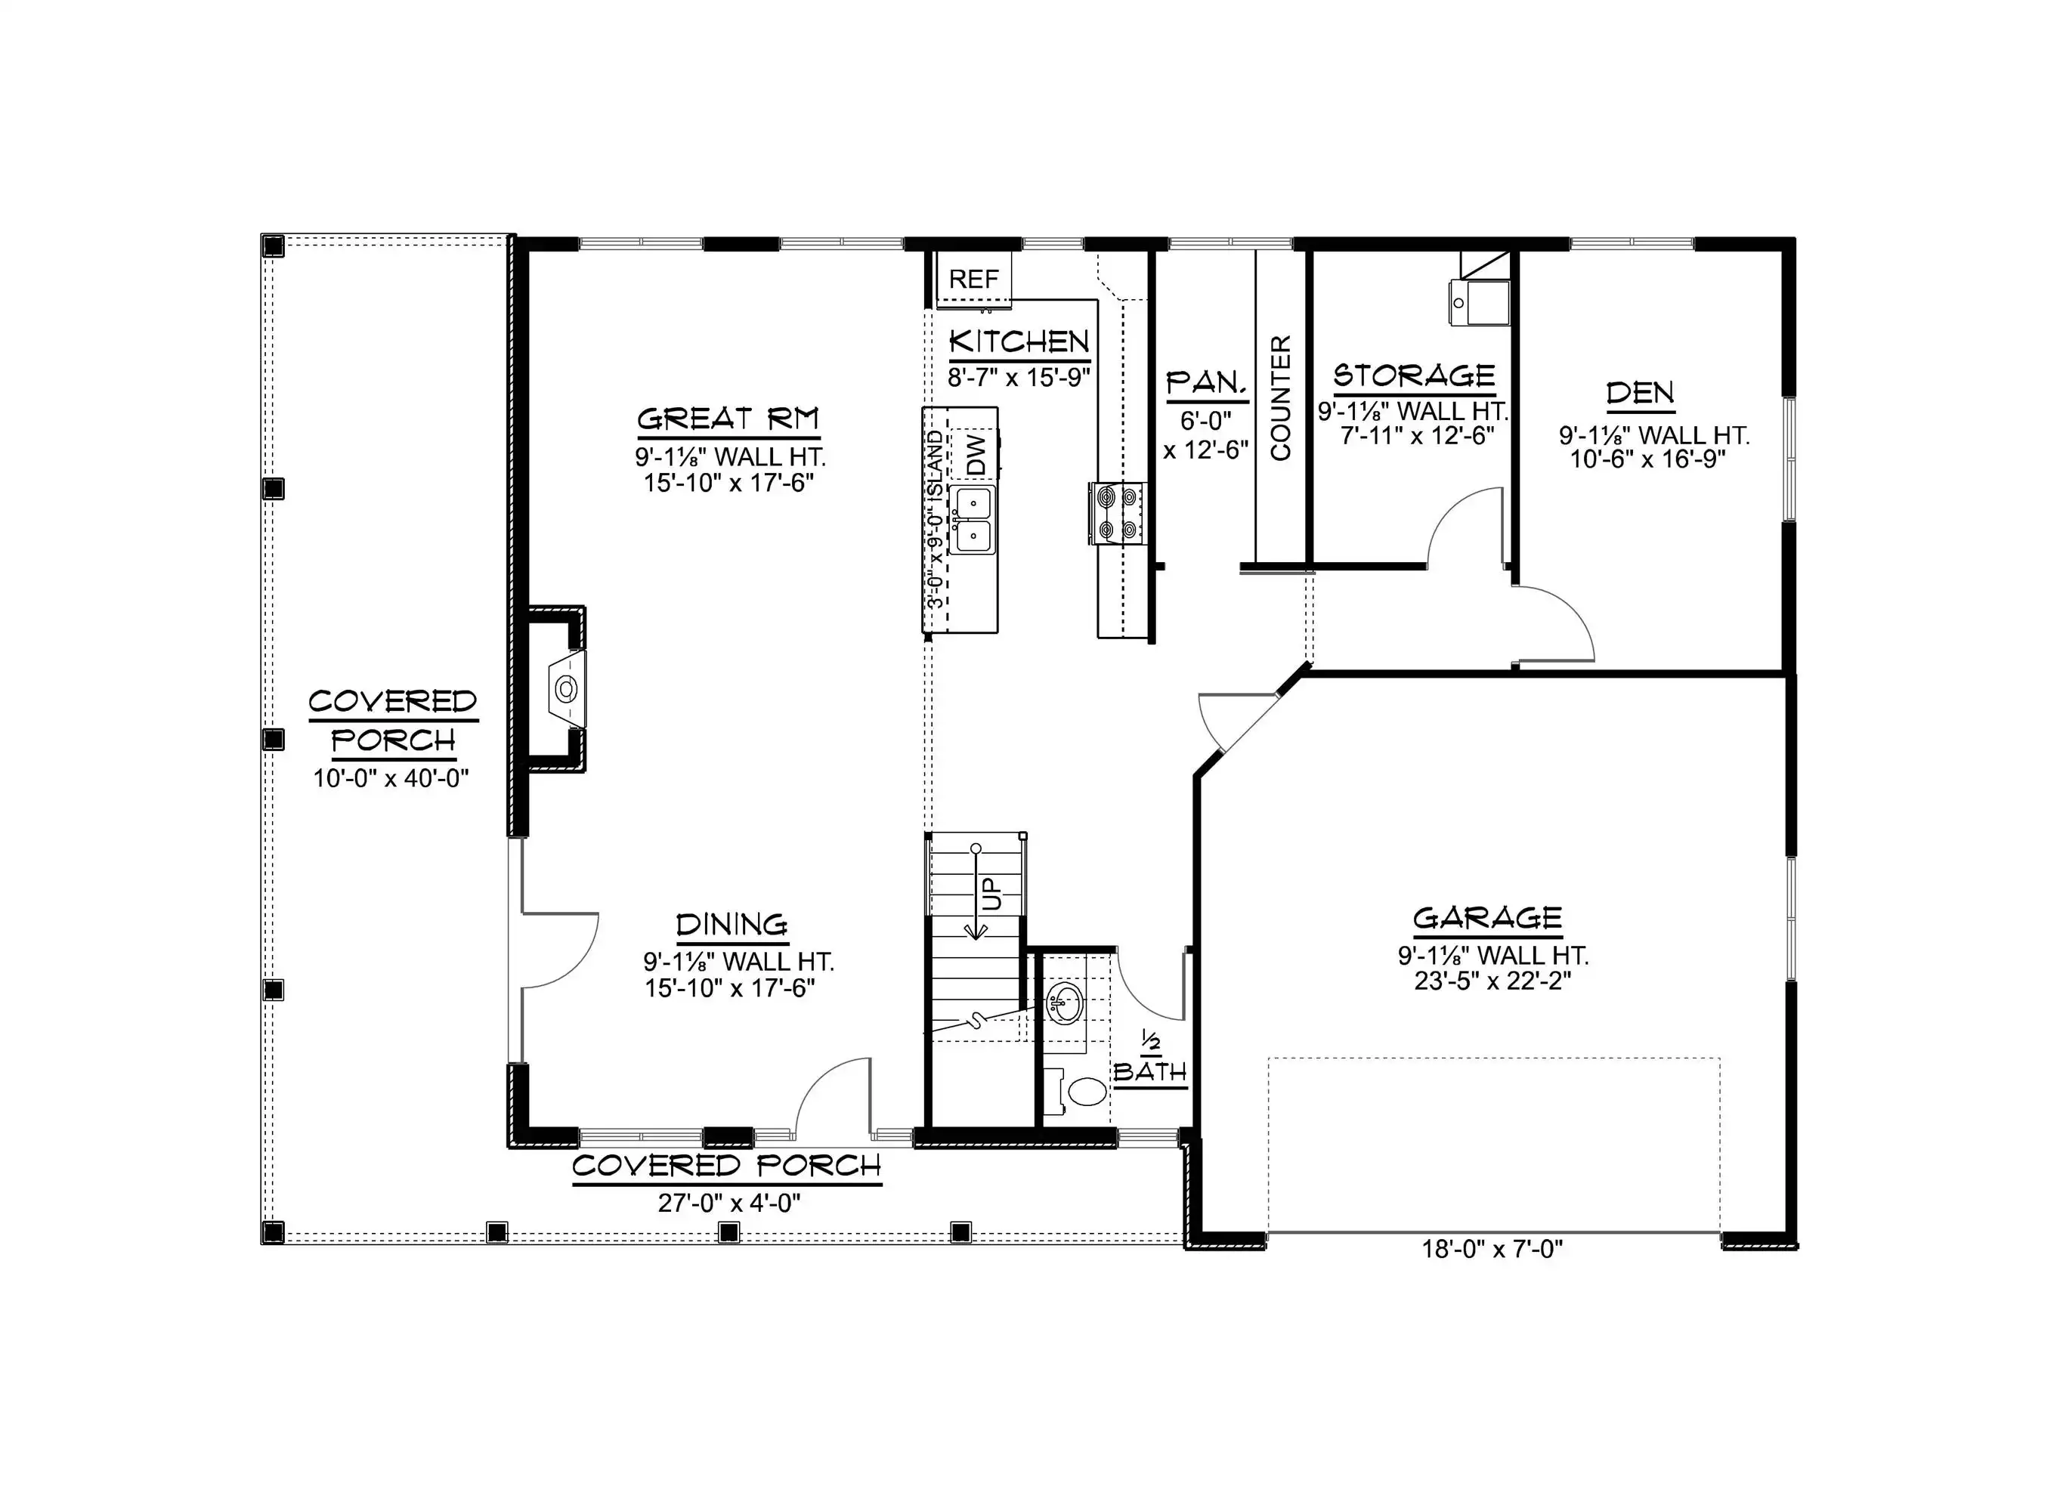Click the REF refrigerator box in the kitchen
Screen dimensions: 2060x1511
pos(973,279)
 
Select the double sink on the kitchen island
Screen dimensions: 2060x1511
pos(973,520)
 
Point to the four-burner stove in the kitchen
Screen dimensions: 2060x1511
pos(1117,512)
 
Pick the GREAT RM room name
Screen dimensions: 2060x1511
pos(728,419)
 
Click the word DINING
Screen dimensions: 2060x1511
pos(732,925)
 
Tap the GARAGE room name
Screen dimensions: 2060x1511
pos(1487,917)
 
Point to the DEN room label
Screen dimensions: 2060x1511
pos(1640,394)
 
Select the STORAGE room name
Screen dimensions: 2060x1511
pos(1414,375)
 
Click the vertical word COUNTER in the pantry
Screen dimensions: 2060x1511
pos(1281,398)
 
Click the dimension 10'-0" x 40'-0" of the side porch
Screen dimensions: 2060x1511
pos(391,778)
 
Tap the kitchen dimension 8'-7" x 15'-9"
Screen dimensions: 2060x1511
pos(1019,377)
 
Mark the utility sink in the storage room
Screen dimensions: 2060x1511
pos(1478,303)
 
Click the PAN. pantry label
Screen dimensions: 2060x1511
pos(1207,382)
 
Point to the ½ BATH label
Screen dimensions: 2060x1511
pos(1150,1059)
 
